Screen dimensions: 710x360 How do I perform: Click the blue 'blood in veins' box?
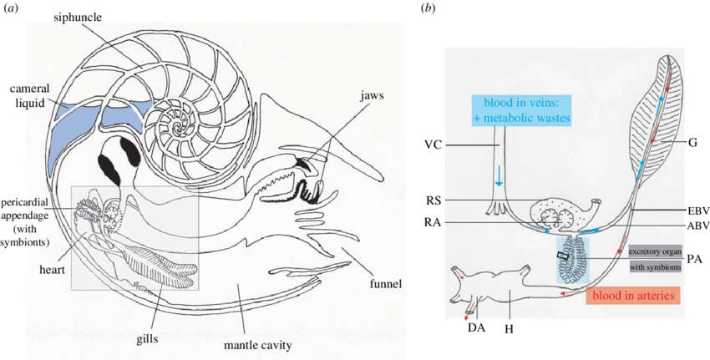coord(520,110)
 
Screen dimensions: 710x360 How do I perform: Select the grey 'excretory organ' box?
coord(655,250)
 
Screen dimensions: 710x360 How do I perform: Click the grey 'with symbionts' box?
coord(655,267)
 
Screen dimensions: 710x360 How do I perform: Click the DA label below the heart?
coord(477,328)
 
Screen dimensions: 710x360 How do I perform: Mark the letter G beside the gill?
coord(692,144)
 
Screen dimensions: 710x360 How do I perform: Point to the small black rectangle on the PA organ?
coord(563,256)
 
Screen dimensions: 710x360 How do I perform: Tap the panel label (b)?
coord(429,8)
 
